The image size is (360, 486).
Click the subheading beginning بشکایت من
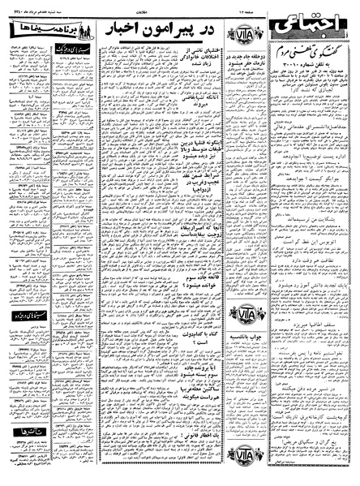tap(308, 219)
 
